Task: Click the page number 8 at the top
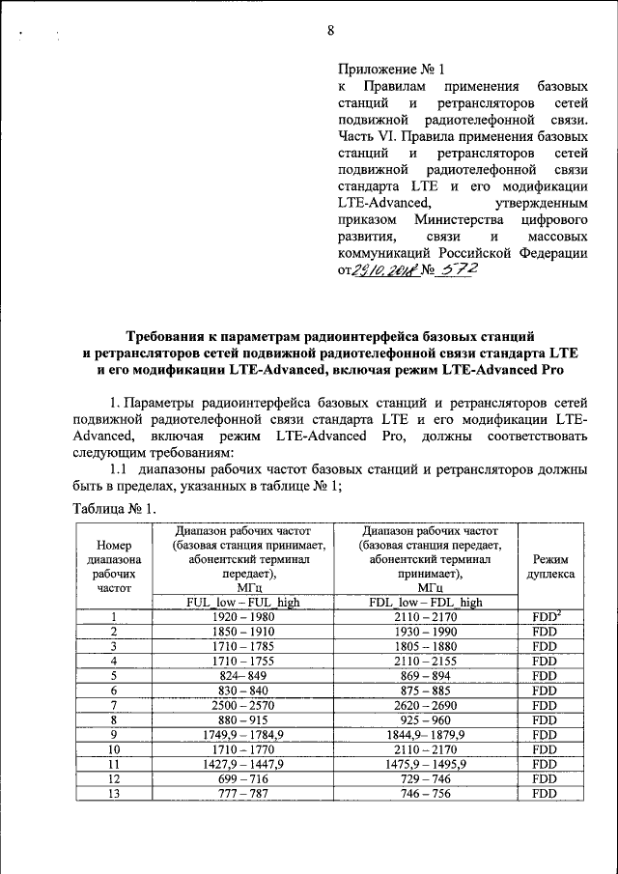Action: pos(329,30)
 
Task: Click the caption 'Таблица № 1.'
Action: pos(114,508)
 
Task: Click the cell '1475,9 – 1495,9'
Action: pos(425,765)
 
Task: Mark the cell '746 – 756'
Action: pos(425,795)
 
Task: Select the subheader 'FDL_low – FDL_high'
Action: pos(425,602)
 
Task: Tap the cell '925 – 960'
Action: pos(425,720)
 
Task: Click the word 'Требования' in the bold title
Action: pos(159,337)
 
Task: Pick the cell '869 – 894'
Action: pos(425,676)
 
